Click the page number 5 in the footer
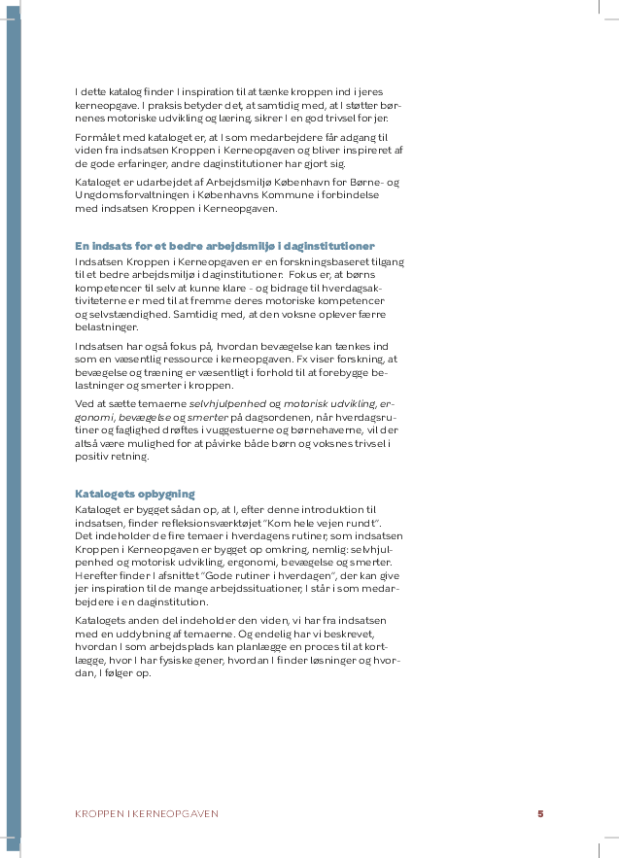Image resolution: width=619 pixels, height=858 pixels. pyautogui.click(x=540, y=813)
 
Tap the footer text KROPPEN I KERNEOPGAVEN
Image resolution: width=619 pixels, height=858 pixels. pyautogui.click(x=147, y=813)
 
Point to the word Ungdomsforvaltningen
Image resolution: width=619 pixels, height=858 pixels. pyautogui.click(x=124, y=195)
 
